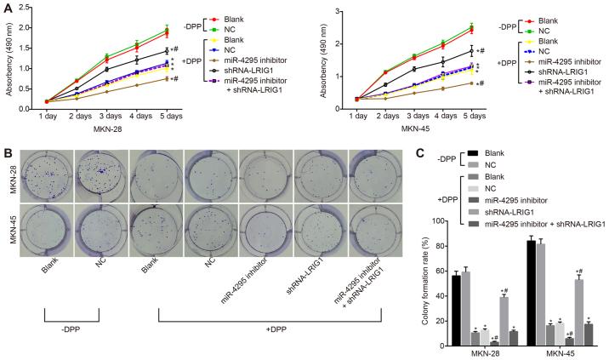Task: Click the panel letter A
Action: tap(7, 8)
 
